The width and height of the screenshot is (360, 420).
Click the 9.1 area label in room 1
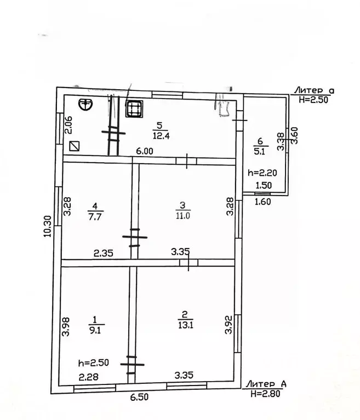coord(94,330)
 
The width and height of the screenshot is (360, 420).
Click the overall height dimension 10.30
coord(48,225)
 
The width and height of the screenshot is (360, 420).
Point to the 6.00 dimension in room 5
coord(145,152)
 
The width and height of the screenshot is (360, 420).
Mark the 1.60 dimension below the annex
coord(264,202)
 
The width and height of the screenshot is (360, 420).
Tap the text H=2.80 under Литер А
coord(266,393)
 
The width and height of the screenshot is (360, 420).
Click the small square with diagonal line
coord(75,147)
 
